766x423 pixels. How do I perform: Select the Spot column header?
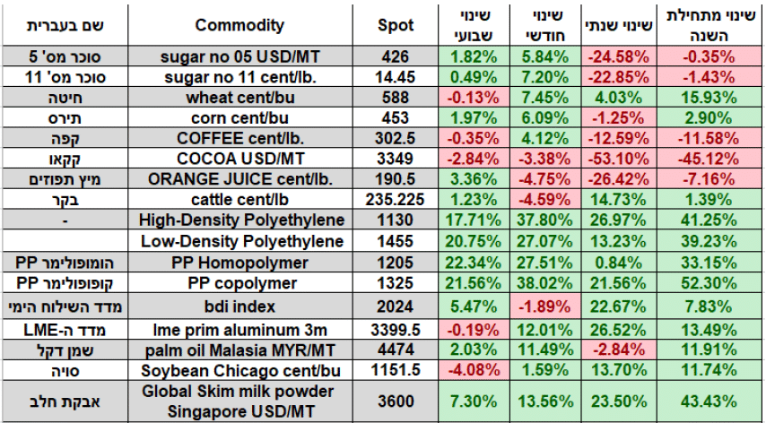[396, 26]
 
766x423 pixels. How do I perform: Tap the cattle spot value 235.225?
[396, 200]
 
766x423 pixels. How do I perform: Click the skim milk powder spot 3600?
[396, 402]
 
